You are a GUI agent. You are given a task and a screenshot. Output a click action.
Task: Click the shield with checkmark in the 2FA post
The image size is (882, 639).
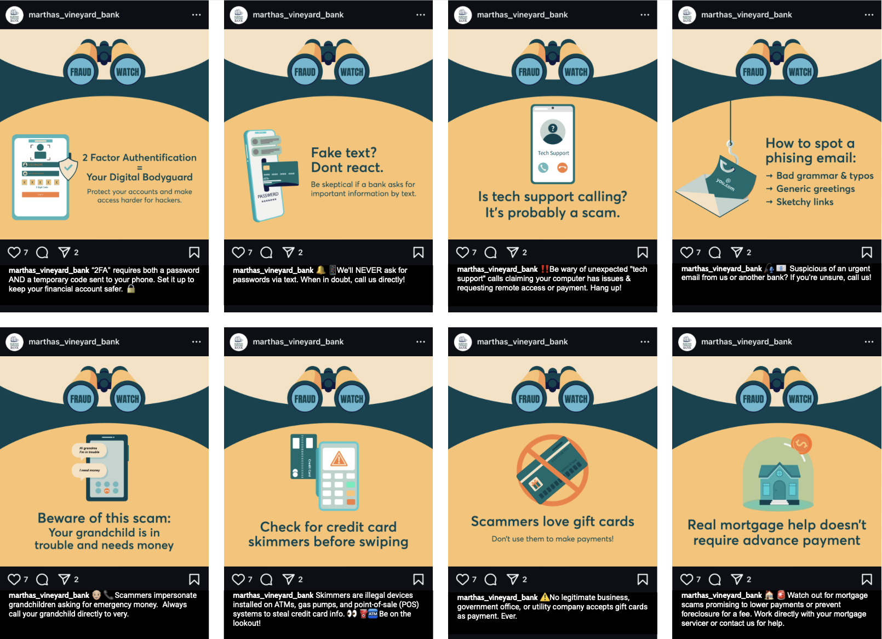pyautogui.click(x=68, y=168)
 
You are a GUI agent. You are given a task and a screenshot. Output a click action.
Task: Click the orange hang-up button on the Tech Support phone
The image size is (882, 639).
pyautogui.click(x=563, y=168)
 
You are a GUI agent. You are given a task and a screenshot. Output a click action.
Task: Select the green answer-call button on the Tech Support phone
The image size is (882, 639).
pyautogui.click(x=543, y=168)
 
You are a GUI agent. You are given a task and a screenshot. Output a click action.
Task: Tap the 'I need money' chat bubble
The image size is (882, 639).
pyautogui.click(x=89, y=470)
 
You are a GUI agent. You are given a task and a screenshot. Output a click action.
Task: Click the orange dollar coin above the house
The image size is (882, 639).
pyautogui.click(x=801, y=444)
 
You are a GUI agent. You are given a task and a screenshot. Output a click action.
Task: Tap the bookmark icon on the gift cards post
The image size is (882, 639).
pyautogui.click(x=643, y=579)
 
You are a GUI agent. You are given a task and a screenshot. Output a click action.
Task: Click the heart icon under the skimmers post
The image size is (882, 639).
pyautogui.click(x=238, y=579)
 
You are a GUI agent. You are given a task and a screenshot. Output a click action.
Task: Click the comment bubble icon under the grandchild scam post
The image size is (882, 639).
pyautogui.click(x=42, y=579)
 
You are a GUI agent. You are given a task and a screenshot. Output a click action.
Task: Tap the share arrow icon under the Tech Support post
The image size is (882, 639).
pyautogui.click(x=513, y=252)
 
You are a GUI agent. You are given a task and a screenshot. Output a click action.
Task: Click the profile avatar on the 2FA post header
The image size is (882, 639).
pyautogui.click(x=14, y=15)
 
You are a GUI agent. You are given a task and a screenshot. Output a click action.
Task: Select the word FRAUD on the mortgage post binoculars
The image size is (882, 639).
pyautogui.click(x=753, y=399)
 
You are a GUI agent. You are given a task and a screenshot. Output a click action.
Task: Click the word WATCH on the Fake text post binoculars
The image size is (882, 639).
pyautogui.click(x=352, y=72)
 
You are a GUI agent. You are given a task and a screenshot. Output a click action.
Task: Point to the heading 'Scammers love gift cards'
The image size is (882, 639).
pyautogui.click(x=552, y=521)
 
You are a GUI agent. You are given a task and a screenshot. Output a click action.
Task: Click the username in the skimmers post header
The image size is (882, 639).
pyautogui.click(x=298, y=341)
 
